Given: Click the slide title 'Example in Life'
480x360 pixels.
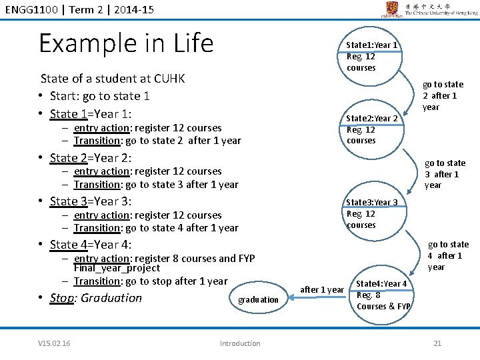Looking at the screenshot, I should (x=126, y=43).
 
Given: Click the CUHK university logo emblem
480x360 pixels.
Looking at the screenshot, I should (x=390, y=9).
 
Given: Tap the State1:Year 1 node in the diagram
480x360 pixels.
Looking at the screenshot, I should (x=371, y=56).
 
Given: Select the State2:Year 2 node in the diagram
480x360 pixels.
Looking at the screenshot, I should (x=371, y=129).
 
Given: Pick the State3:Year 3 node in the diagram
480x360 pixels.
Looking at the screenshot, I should (x=371, y=213).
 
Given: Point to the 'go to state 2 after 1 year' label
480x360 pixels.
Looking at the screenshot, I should (x=443, y=96).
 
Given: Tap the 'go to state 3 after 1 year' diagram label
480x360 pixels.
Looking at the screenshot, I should (x=445, y=174).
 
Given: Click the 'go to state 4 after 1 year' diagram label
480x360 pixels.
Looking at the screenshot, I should (x=447, y=255).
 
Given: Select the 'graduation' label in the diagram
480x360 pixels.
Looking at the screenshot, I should (x=258, y=300).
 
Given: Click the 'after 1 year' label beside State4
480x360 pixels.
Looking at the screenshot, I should (x=322, y=289).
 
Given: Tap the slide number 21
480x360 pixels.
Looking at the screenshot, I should (x=437, y=343).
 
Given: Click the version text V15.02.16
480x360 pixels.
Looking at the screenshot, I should (x=55, y=343).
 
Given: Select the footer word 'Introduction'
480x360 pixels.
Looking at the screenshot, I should (x=240, y=343).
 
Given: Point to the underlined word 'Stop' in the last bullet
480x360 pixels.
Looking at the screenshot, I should (x=62, y=298).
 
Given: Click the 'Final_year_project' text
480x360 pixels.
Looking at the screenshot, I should (x=117, y=268).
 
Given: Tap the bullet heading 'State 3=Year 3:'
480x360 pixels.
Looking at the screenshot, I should (x=91, y=201).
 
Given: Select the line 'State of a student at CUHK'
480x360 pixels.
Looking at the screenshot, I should (x=113, y=79).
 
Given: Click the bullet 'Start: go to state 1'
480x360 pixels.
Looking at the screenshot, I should (x=100, y=96).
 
